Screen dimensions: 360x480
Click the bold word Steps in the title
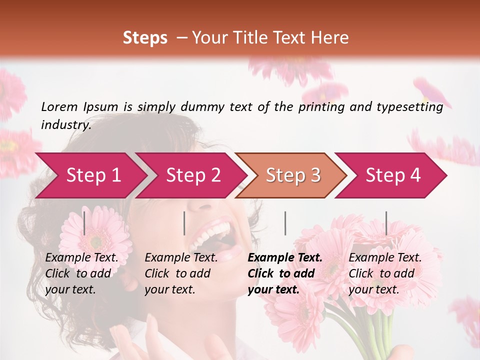(145, 38)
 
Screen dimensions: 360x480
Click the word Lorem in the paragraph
(59, 107)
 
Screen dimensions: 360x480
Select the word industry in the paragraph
(65, 125)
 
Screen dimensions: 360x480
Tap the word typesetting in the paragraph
(410, 107)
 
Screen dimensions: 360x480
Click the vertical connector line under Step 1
(84, 223)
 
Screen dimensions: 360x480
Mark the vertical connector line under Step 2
(184, 223)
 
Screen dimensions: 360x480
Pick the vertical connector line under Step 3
(285, 223)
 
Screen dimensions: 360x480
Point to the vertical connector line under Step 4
(386, 223)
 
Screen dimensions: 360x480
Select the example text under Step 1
(81, 273)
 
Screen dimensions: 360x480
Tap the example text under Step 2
(180, 273)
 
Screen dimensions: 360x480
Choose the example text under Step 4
(384, 273)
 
